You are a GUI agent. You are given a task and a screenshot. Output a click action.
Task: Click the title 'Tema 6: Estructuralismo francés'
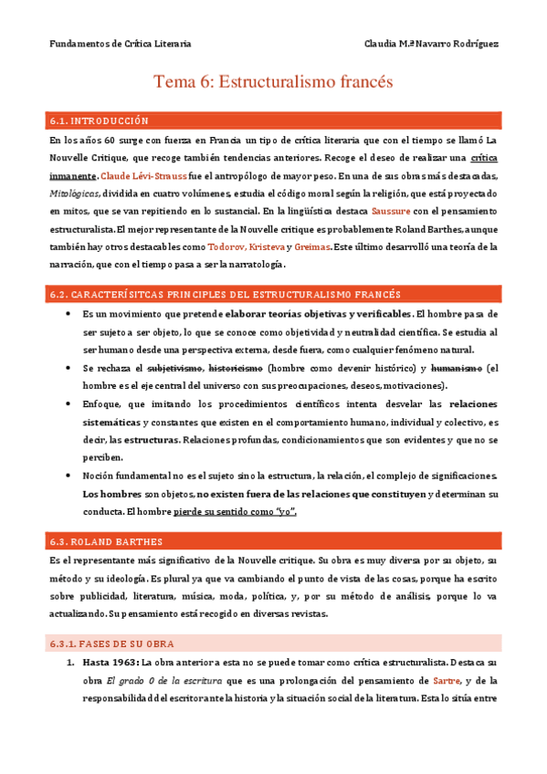pos(273,82)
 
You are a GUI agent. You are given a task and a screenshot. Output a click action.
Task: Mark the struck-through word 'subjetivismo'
pos(176,368)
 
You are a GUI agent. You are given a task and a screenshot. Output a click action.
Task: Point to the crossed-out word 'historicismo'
pos(237,368)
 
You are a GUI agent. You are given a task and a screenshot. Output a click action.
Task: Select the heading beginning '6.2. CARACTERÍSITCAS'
pos(224,294)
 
